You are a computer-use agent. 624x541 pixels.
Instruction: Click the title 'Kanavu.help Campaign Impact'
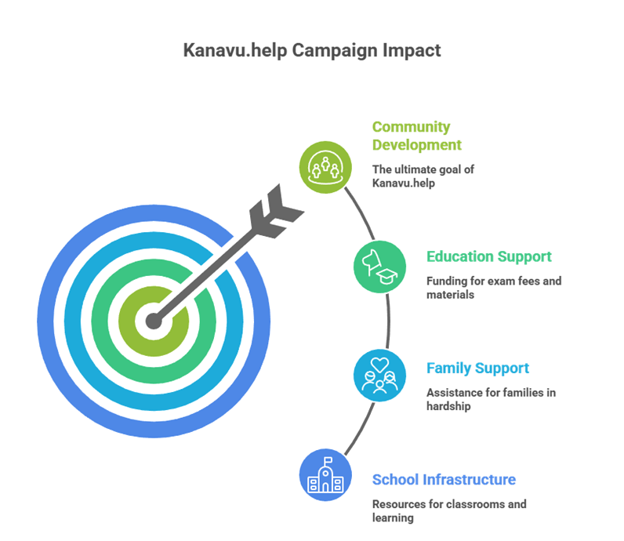click(x=311, y=51)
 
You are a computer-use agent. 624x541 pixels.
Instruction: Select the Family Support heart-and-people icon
click(x=380, y=376)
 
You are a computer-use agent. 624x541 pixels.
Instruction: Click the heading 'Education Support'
click(x=488, y=256)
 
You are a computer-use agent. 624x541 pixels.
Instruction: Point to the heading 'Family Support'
click(x=477, y=369)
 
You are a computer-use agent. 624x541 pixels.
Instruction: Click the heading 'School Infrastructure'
click(x=444, y=480)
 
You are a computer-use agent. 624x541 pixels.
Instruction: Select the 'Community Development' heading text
click(x=416, y=136)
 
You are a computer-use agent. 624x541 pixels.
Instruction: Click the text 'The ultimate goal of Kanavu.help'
click(x=423, y=176)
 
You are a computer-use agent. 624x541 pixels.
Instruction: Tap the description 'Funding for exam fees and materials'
click(x=493, y=287)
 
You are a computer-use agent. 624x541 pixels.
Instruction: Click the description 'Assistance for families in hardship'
click(x=491, y=399)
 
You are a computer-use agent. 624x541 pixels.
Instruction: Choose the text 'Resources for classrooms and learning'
click(x=449, y=510)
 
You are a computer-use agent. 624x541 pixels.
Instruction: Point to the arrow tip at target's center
click(x=154, y=321)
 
